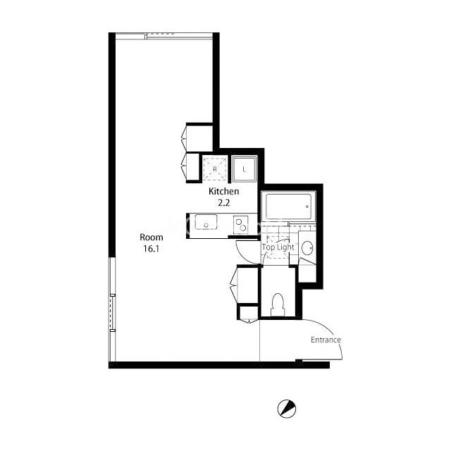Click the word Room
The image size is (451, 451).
(x=152, y=237)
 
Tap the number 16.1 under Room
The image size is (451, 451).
(x=152, y=249)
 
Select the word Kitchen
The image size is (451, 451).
(x=224, y=191)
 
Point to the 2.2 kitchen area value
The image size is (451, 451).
(x=223, y=203)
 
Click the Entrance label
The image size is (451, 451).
(x=326, y=340)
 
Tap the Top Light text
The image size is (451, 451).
(x=278, y=247)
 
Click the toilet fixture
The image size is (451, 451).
(x=278, y=305)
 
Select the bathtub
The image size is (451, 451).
(x=288, y=206)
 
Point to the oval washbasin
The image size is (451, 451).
(x=307, y=247)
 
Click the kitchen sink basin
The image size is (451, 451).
(x=206, y=222)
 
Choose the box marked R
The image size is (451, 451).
(x=215, y=169)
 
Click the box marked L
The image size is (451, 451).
(x=244, y=169)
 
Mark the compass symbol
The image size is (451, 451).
(x=287, y=409)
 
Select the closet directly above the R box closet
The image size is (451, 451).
(x=199, y=137)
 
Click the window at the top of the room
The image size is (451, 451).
(x=164, y=36)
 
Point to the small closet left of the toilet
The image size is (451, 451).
(x=249, y=313)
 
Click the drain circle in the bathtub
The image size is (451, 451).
(x=307, y=206)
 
